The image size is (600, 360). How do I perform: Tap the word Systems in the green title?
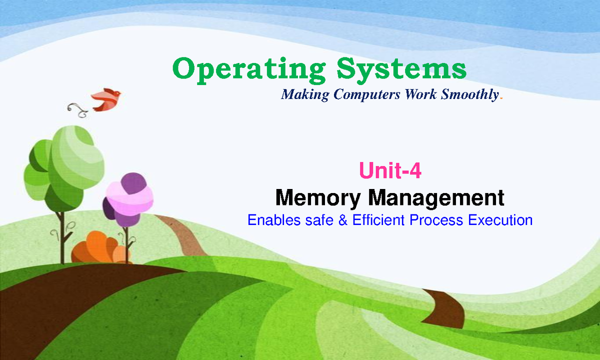click(x=401, y=70)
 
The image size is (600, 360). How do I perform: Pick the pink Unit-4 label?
click(x=390, y=171)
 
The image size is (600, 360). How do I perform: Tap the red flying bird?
click(x=106, y=99)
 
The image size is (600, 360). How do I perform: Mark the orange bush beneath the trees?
click(x=97, y=247)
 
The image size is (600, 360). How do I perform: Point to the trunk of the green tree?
click(x=61, y=235)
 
